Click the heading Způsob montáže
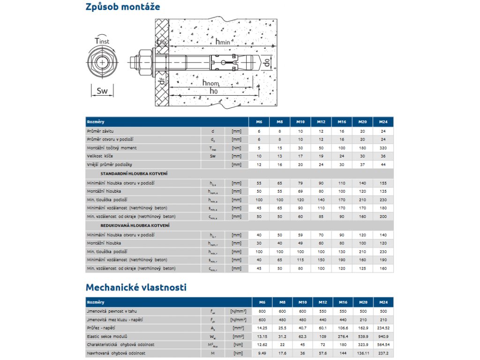pos(123,7)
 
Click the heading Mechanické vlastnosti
pos(136,287)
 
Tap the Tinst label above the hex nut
pos(102,41)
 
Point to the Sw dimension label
pos(102,91)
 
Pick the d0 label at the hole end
pos(266,62)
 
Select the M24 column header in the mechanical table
pos(383,302)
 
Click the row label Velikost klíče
pos(100,156)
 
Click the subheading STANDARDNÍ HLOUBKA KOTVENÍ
pos(134,173)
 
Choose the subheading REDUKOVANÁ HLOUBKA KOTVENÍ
pos(135,225)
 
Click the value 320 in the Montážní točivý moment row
pos(383,147)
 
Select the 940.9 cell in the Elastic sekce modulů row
pos(383,336)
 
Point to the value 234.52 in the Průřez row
pos(383,328)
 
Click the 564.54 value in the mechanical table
pos(383,345)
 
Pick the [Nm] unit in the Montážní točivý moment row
pos(236,147)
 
